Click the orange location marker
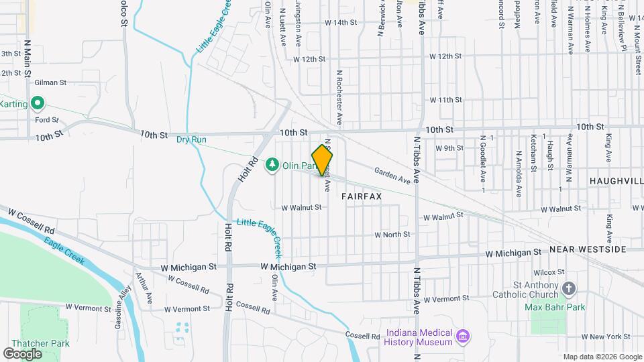(323, 160)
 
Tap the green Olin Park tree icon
(272, 164)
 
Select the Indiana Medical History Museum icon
(462, 335)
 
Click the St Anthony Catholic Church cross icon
(569, 289)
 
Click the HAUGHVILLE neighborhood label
(616, 181)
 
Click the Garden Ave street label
(392, 176)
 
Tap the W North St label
(392, 235)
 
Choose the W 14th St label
(340, 22)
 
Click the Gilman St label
(51, 82)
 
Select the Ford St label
(47, 120)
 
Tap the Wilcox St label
(549, 272)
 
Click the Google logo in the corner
(23, 353)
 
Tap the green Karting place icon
(38, 104)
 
